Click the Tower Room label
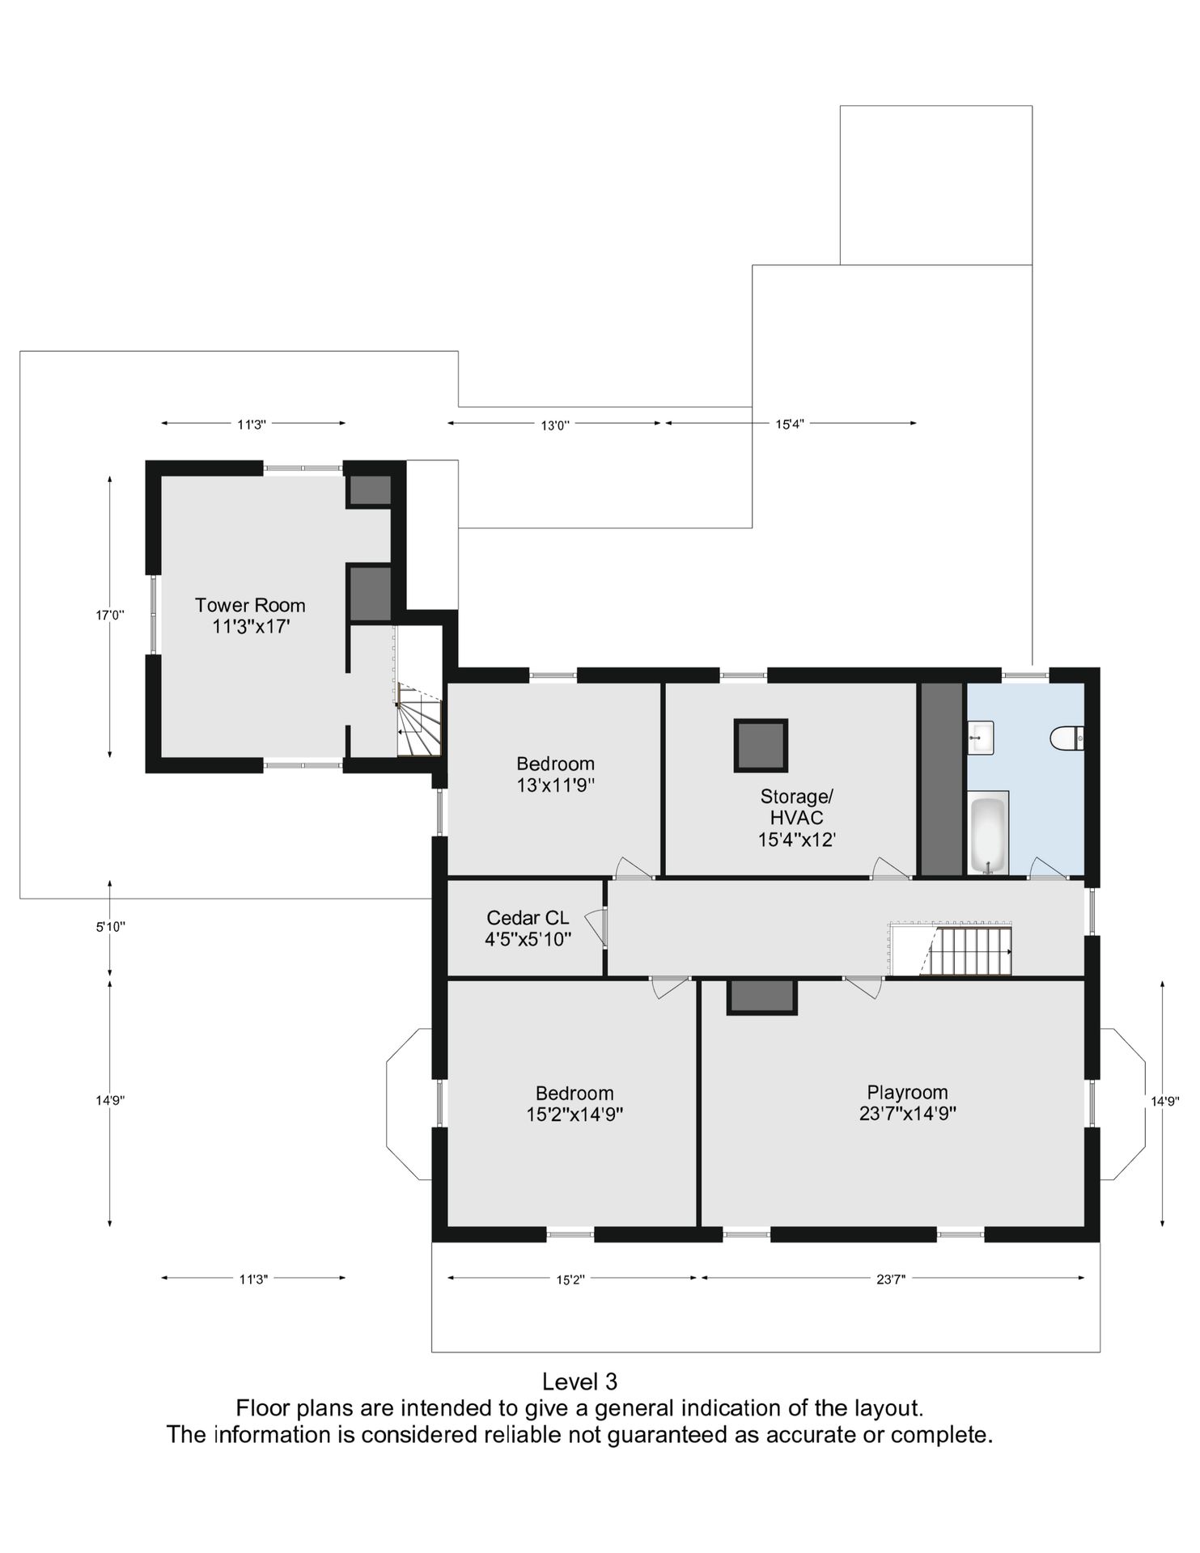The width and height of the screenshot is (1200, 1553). click(250, 616)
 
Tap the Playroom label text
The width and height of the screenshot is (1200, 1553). click(907, 1102)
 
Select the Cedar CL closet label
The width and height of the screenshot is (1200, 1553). click(528, 929)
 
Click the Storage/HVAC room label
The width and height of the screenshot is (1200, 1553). click(796, 818)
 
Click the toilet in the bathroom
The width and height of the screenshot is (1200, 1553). click(1067, 738)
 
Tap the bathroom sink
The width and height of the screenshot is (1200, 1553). click(981, 737)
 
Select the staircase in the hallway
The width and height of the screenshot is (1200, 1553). click(952, 949)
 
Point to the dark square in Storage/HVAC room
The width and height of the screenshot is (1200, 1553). click(761, 745)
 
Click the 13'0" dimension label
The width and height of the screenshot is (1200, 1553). click(555, 425)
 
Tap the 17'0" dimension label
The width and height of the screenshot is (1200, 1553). click(110, 616)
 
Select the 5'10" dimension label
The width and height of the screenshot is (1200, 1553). click(110, 928)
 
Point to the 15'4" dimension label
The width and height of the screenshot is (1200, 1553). click(789, 424)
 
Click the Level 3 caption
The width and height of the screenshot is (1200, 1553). click(579, 1381)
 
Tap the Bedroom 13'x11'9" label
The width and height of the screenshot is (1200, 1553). click(556, 774)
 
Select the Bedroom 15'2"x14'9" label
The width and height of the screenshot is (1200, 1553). click(575, 1104)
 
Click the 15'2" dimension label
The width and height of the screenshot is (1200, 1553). click(570, 1280)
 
